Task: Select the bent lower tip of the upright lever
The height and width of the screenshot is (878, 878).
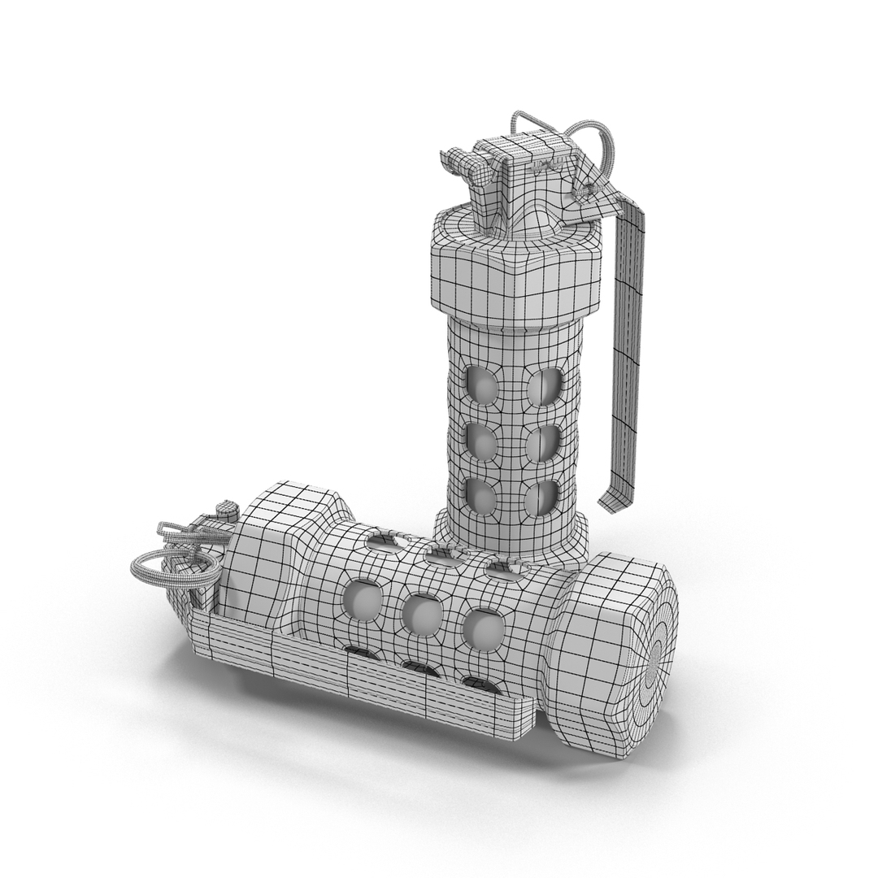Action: click(614, 498)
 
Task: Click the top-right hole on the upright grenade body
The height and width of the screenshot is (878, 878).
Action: click(544, 386)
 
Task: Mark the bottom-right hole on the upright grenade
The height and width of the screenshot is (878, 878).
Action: click(542, 498)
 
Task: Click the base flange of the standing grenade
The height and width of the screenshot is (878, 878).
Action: click(511, 541)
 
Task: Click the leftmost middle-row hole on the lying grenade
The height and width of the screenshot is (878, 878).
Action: click(363, 602)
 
